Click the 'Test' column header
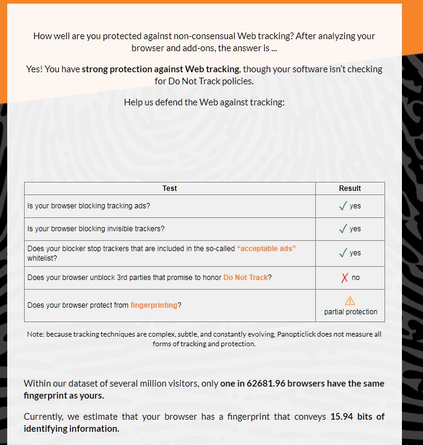click(x=170, y=188)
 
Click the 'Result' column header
click(x=350, y=188)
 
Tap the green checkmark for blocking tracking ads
click(x=343, y=206)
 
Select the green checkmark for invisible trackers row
click(x=343, y=229)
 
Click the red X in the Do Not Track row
click(x=345, y=278)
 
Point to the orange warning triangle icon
click(x=350, y=300)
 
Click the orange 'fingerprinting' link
click(x=154, y=305)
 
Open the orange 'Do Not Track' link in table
click(x=245, y=278)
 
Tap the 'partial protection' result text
click(x=351, y=312)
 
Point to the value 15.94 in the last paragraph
click(x=342, y=417)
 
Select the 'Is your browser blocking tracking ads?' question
click(x=88, y=206)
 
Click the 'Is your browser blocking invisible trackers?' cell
click(x=96, y=229)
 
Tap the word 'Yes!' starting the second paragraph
click(x=34, y=69)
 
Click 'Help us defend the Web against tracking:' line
click(x=204, y=102)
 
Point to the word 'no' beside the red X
click(x=356, y=278)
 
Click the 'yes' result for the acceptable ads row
click(x=355, y=253)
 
